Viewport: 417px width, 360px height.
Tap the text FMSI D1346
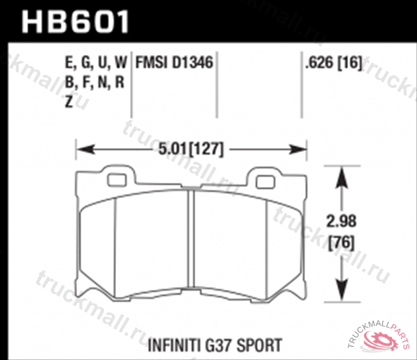pos(174,63)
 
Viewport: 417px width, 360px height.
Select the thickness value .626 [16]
pos(332,63)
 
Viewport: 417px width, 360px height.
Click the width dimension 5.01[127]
pos(190,149)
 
